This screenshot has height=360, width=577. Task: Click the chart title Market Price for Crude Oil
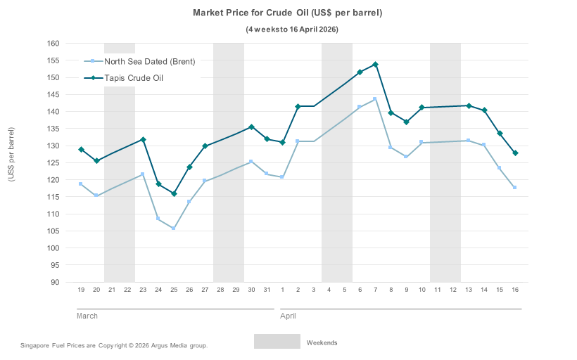(x=288, y=13)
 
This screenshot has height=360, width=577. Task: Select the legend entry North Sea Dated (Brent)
(x=149, y=61)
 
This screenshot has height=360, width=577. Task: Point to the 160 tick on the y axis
(x=53, y=44)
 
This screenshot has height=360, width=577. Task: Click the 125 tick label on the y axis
(x=53, y=163)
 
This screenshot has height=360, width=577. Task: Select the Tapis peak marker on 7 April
(x=375, y=65)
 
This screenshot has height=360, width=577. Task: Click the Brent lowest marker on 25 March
(x=174, y=229)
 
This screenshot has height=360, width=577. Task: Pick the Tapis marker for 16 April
(x=515, y=153)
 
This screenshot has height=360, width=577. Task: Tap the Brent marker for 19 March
(x=81, y=184)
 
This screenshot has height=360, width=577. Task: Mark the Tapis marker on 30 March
(x=251, y=127)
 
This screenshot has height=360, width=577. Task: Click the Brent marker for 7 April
(x=375, y=99)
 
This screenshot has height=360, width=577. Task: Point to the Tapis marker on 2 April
(x=298, y=106)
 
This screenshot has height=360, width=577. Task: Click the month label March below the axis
(x=87, y=316)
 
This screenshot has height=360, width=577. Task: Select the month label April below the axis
(x=288, y=316)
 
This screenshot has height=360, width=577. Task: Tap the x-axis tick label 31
(x=267, y=290)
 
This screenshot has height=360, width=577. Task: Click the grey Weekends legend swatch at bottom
(x=277, y=342)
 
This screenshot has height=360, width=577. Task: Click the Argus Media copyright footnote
(x=115, y=346)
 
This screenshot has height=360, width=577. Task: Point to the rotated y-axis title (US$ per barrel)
(x=11, y=155)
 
